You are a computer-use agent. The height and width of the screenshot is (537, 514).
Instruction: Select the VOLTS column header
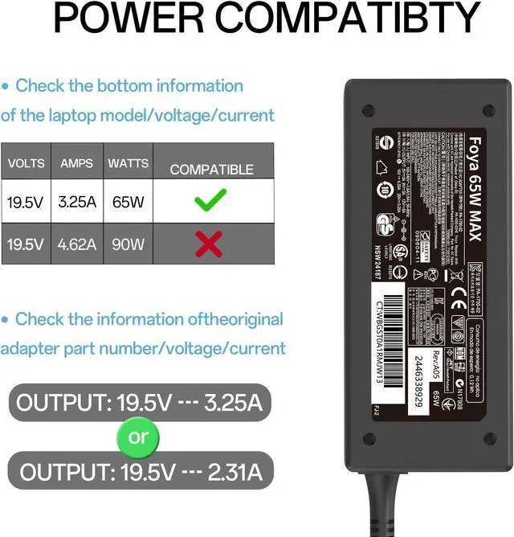27,164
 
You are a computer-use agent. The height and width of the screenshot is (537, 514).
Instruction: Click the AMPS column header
77,164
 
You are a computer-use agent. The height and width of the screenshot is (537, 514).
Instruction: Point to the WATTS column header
128,164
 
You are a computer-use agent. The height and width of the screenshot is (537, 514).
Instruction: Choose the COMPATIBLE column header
211,170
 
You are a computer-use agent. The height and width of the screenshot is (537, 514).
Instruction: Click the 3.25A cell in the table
77,201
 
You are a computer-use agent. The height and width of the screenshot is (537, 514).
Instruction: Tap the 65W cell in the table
128,201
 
